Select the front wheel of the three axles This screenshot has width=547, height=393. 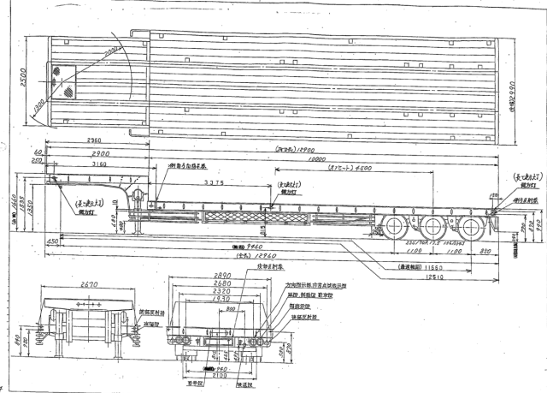point(396,226)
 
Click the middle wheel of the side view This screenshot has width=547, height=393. point(432,226)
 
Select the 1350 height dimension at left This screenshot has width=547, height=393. point(32,208)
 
